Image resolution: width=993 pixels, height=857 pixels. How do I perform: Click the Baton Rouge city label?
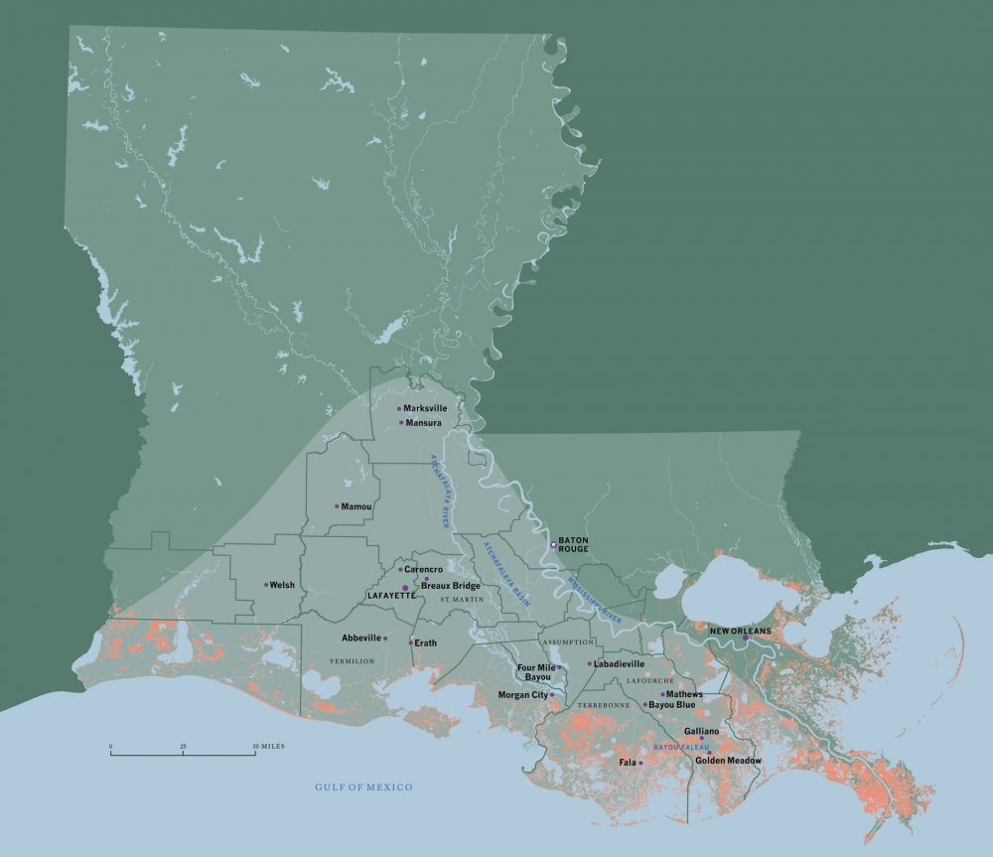[x=573, y=544]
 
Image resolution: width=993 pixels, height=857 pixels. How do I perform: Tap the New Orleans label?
[x=740, y=631]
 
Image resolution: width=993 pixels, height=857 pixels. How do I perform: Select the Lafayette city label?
[x=391, y=595]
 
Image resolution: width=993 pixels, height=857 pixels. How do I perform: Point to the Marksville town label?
[x=425, y=408]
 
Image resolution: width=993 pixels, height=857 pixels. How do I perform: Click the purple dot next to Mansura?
[x=401, y=423]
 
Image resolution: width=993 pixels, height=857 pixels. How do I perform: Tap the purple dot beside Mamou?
[x=337, y=506]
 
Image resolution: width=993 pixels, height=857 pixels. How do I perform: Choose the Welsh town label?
[x=282, y=585]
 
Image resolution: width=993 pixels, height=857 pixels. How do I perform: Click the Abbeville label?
[x=361, y=638]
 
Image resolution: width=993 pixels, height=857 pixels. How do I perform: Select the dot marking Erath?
[x=410, y=643]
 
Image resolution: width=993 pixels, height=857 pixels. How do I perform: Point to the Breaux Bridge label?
[x=451, y=586]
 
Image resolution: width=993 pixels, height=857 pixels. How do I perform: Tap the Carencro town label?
[x=422, y=569]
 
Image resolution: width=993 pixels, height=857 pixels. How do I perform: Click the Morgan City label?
[x=522, y=695]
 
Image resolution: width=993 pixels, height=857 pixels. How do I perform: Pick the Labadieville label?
[x=620, y=663]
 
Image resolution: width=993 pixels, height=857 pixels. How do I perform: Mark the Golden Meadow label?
[x=728, y=760]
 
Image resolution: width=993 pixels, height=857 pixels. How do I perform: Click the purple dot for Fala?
[x=640, y=763]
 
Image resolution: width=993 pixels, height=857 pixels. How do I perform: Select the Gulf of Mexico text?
[x=363, y=787]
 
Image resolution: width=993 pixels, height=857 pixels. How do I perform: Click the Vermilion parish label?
[x=352, y=660]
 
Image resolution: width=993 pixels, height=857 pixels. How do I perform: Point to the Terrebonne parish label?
[x=603, y=705]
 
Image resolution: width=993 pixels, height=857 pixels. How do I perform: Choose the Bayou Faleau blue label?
[x=681, y=747]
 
